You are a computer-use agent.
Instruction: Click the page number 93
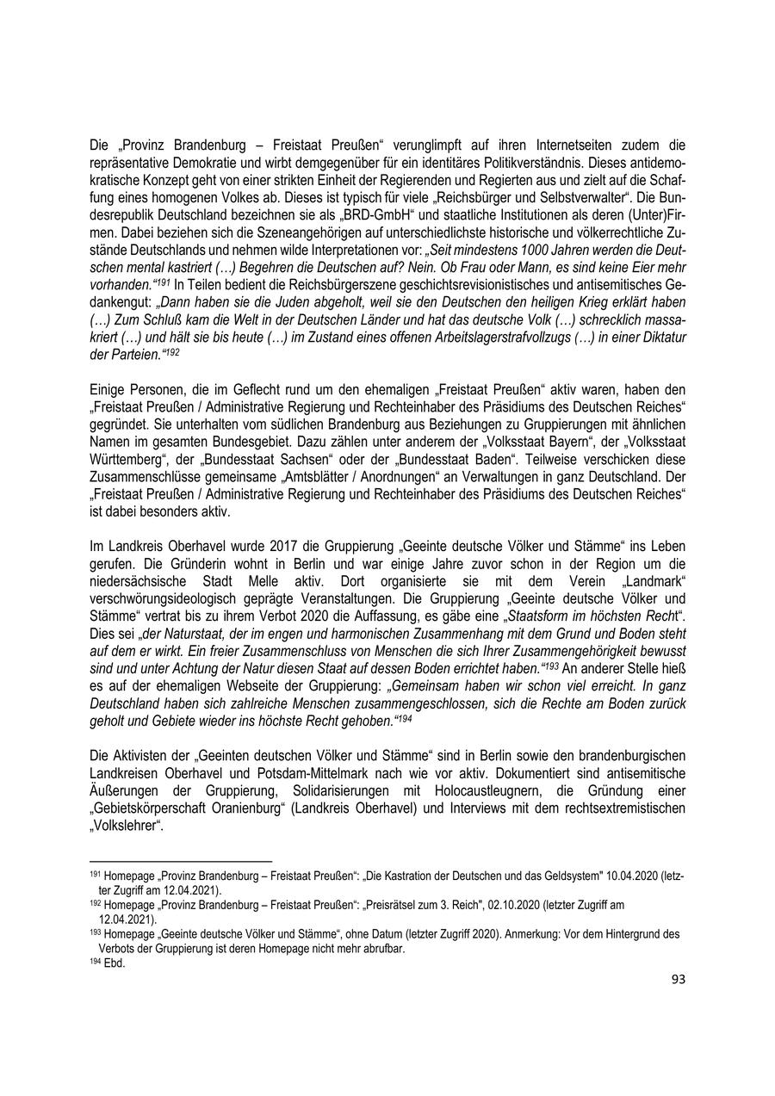(678, 978)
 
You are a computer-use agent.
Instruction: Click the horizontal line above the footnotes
(181, 860)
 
